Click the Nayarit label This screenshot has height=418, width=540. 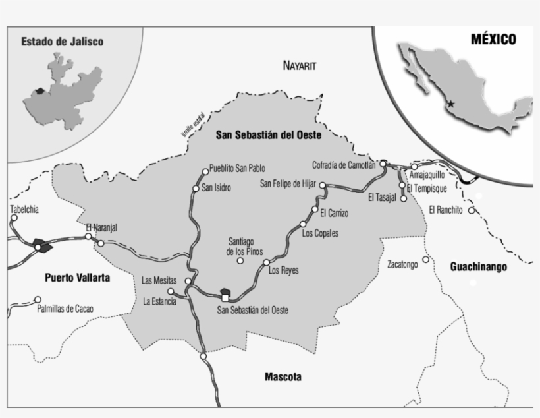[x=300, y=66]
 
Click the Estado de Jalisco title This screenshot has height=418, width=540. [x=62, y=42]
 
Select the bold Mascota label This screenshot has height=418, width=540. [x=283, y=377]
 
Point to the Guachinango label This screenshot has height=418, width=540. [x=478, y=267]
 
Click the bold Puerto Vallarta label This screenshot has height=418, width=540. [x=78, y=278]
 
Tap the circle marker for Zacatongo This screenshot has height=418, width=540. [x=426, y=260]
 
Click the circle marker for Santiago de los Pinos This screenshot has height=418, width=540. [x=240, y=261]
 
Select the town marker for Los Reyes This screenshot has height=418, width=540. [x=266, y=262]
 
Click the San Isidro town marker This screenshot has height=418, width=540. [x=196, y=189]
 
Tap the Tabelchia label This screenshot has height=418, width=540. [x=25, y=210]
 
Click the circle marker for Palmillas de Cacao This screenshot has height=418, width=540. [x=38, y=299]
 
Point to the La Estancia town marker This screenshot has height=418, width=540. [x=171, y=291]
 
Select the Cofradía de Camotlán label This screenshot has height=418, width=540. [x=344, y=165]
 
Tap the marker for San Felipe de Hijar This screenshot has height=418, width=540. [x=323, y=187]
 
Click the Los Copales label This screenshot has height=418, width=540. [x=320, y=233]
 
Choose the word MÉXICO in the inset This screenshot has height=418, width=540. [x=493, y=40]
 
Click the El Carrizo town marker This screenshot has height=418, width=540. [x=314, y=212]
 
